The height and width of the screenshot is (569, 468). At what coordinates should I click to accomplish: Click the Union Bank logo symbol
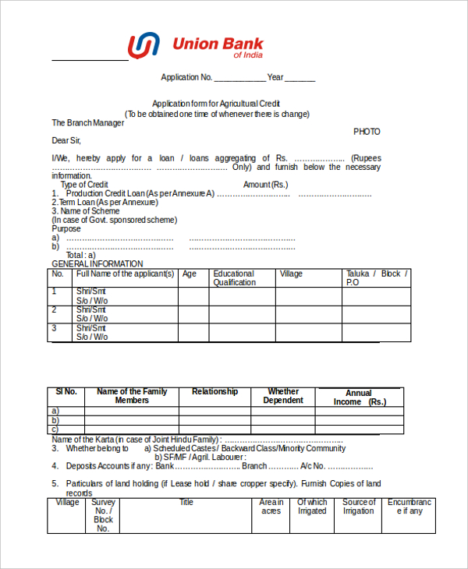[x=144, y=46]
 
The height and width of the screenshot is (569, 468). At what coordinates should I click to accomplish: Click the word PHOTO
[x=367, y=132]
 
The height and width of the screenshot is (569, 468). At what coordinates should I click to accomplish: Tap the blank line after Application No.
[x=239, y=78]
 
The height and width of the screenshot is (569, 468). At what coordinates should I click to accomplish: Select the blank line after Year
[x=300, y=78]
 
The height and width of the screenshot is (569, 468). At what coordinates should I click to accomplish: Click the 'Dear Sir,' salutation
[x=66, y=140]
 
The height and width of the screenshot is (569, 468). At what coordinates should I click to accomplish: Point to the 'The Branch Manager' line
[x=88, y=123]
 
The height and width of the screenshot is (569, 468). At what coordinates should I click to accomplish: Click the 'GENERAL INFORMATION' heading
[x=97, y=264]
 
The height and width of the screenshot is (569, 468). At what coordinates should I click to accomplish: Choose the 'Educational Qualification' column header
[x=234, y=278]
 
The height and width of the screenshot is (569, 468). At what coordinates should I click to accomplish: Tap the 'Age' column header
[x=190, y=274]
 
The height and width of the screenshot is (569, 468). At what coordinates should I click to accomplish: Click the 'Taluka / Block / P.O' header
[x=377, y=278]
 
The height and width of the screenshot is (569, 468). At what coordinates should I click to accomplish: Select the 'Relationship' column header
[x=214, y=392]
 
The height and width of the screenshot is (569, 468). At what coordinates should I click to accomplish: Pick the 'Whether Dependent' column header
[x=283, y=396]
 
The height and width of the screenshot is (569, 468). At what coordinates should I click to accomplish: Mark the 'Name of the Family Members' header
[x=132, y=396]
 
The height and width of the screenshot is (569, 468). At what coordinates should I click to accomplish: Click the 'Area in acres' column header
[x=271, y=507]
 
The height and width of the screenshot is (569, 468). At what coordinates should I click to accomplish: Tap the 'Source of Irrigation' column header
[x=359, y=507]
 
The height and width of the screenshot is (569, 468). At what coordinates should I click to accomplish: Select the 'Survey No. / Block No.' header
[x=103, y=515]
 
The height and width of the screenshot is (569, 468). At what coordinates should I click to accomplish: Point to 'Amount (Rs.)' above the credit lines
[x=266, y=185]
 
